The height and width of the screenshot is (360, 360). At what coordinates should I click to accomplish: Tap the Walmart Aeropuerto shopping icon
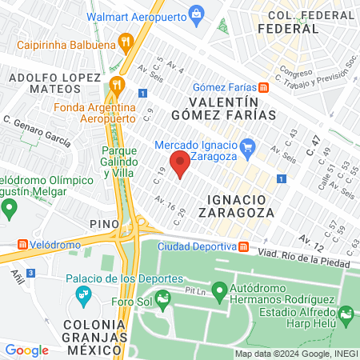(x=197, y=13)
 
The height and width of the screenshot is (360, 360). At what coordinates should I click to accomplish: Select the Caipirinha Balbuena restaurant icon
(x=124, y=41)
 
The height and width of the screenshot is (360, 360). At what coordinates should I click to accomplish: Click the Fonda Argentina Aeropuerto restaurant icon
(x=117, y=83)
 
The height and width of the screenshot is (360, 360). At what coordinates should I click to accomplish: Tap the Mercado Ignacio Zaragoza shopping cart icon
(x=248, y=146)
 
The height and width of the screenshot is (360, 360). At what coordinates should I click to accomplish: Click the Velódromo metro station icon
(x=22, y=243)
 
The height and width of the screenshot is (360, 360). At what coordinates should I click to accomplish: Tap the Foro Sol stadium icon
(x=163, y=302)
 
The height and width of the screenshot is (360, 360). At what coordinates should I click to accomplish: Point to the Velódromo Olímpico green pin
(x=10, y=210)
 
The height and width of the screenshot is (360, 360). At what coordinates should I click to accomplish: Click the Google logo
(x=26, y=350)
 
